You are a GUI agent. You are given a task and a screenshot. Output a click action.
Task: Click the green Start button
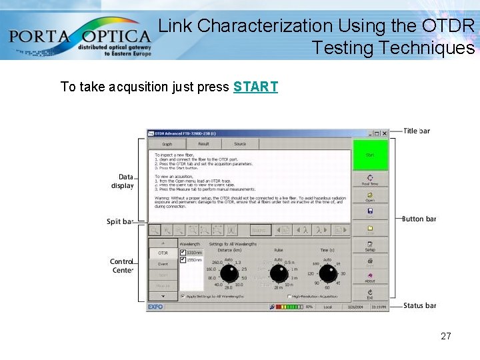point(369,155)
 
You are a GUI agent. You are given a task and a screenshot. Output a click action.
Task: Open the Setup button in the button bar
point(369,245)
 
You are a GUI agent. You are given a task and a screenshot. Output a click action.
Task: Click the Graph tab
point(167,143)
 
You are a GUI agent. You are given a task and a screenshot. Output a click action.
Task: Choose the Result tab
point(203,143)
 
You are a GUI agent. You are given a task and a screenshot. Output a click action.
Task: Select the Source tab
point(240,143)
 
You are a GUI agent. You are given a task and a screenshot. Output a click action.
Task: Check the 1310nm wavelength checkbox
point(183,253)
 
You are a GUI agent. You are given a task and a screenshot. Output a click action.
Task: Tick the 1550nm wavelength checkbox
point(183,261)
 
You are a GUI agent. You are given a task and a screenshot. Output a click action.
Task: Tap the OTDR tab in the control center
point(163,253)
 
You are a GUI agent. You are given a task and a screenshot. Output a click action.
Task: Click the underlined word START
point(255,87)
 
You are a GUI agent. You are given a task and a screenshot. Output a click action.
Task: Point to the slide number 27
point(446,336)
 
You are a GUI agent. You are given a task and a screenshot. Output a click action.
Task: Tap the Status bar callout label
point(420,305)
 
